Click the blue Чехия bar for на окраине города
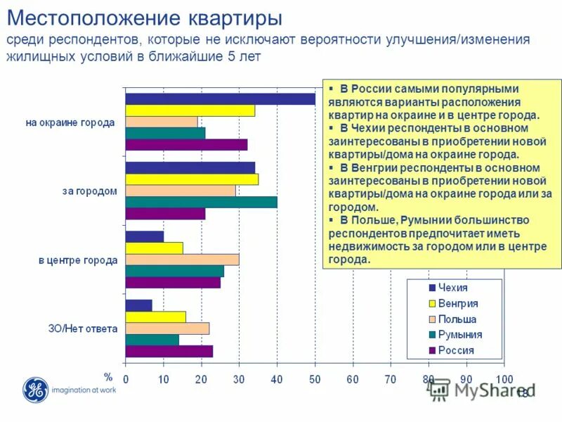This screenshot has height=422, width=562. pos(220,99)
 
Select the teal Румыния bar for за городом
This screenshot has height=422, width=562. pos(201,202)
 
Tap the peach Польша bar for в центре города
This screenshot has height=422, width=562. pos(182,260)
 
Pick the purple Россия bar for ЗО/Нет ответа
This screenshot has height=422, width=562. pos(169,351)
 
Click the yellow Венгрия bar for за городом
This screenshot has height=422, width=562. pos(191,179)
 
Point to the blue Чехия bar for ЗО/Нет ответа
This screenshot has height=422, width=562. pos(138,305)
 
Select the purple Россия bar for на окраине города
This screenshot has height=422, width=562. pos(186,145)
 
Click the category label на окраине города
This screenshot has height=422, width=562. pos(70,122)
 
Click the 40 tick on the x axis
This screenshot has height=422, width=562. pos(277,379)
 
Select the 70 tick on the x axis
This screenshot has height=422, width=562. pos(391,379)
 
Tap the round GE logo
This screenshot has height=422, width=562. pos(34,390)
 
